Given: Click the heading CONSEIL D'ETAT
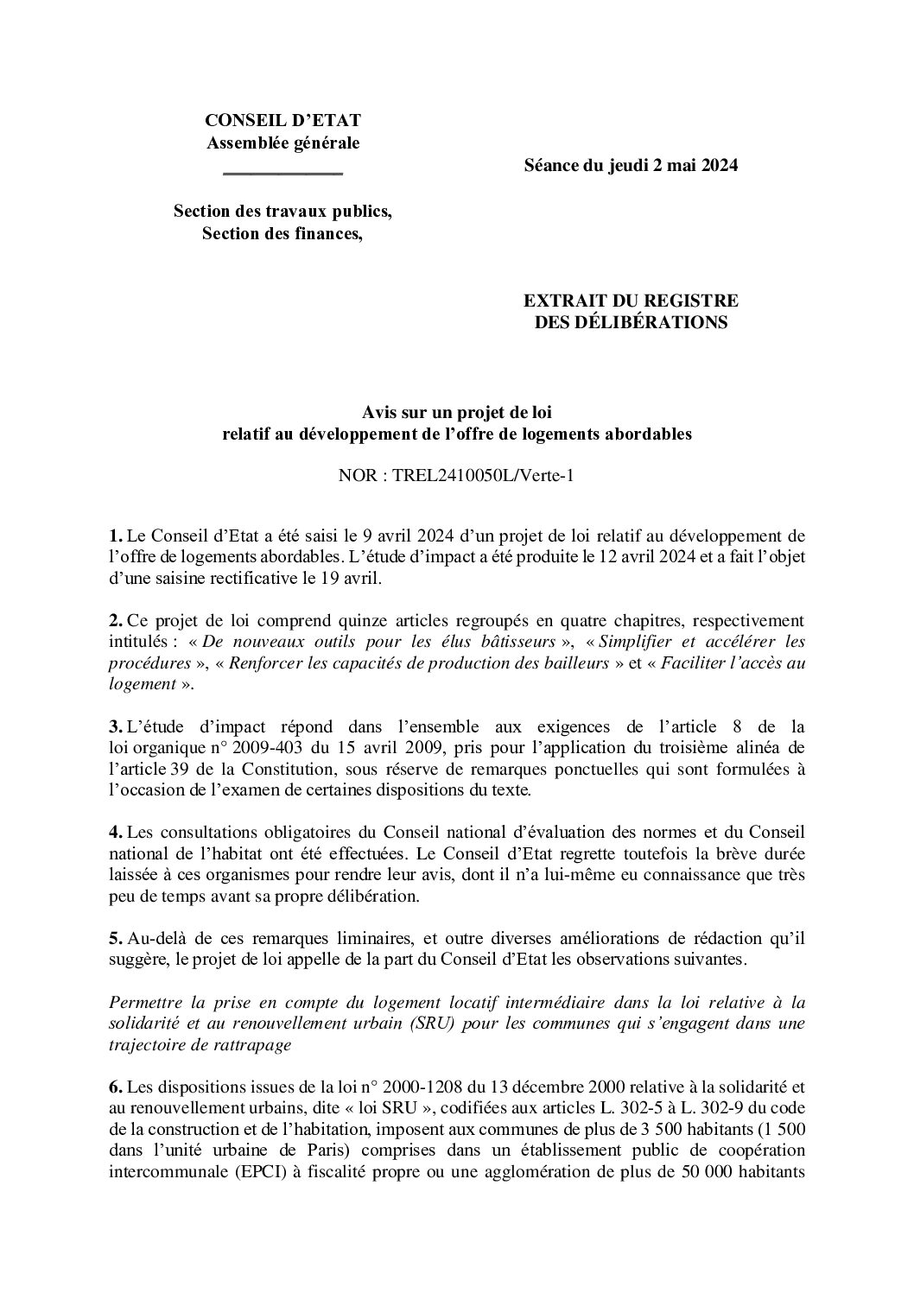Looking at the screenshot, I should (x=282, y=121).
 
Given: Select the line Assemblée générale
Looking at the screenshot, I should (x=282, y=143).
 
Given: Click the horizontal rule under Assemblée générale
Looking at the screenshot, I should (x=282, y=174).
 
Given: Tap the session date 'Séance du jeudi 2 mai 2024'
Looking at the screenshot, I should (x=631, y=166).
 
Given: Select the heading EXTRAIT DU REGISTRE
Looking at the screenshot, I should (x=631, y=301).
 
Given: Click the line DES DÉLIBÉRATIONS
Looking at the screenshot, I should (x=631, y=323).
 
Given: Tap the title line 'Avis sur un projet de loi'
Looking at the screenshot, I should (x=457, y=413).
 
